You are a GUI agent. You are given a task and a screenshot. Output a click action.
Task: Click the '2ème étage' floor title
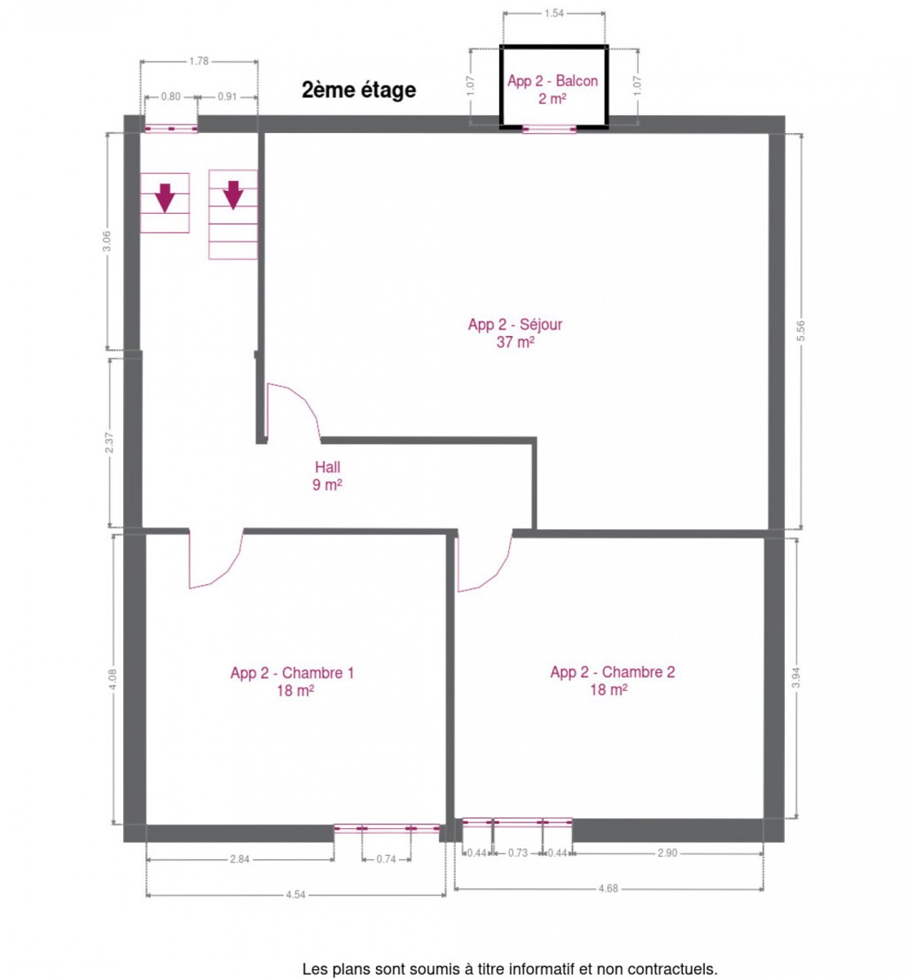358,91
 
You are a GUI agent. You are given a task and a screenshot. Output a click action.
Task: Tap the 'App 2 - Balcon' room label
552,81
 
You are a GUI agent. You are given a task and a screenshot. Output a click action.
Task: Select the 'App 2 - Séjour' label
515,325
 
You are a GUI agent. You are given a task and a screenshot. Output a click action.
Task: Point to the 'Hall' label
327,467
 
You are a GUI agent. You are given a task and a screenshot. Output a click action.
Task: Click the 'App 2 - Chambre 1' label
292,673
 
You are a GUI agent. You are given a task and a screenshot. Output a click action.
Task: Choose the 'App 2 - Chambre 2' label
612,672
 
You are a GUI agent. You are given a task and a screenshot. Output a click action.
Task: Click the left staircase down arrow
165,197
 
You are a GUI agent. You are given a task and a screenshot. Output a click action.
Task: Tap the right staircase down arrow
233,195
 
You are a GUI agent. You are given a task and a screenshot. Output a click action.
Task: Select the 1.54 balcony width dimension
554,13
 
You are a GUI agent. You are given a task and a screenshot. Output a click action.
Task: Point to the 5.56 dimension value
800,330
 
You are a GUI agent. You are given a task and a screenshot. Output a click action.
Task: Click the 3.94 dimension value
798,677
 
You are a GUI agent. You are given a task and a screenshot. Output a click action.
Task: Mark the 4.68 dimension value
608,888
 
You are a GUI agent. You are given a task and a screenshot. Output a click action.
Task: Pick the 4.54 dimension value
296,895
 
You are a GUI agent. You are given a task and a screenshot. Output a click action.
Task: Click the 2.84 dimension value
240,859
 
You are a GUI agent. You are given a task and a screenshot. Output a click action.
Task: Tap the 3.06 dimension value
107,241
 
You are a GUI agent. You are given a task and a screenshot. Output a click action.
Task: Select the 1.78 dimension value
199,61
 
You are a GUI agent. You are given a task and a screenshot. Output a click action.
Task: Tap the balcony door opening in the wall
549,129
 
